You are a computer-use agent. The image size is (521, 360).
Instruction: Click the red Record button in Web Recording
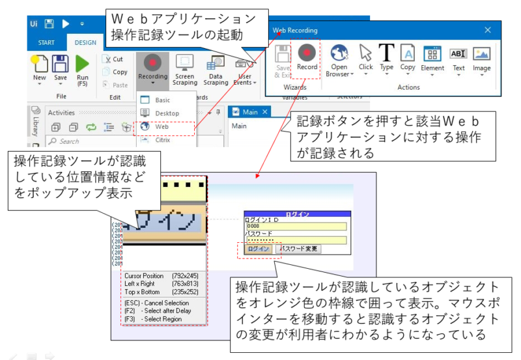pyautogui.click(x=307, y=57)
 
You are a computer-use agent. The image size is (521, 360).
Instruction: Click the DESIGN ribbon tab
pyautogui.click(x=85, y=42)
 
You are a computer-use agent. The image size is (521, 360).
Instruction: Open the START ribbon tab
pyautogui.click(x=47, y=42)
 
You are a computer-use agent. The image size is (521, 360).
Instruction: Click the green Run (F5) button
pyautogui.click(x=82, y=69)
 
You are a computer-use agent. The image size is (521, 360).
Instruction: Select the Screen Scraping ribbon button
pyautogui.click(x=185, y=69)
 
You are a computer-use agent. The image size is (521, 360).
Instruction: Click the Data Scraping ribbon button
pyautogui.click(x=216, y=69)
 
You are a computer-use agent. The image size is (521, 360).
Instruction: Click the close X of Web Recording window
pyautogui.click(x=488, y=30)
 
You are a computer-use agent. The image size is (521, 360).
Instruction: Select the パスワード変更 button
pyautogui.click(x=299, y=249)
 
